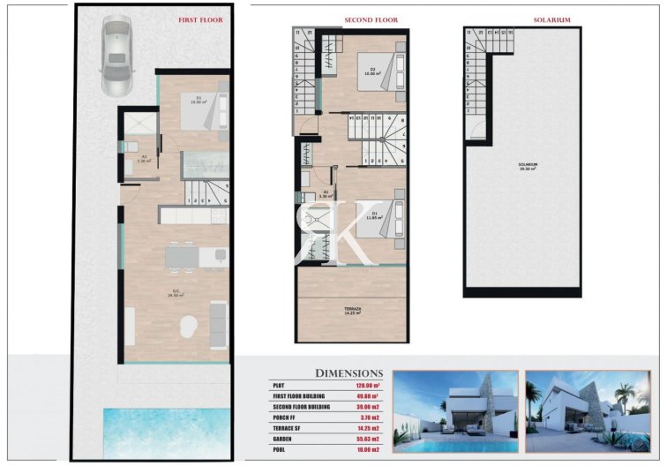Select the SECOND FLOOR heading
click(x=371, y=19)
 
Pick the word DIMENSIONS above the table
click(x=348, y=373)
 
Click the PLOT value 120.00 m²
click(x=366, y=386)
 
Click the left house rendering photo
click(x=454, y=410)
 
